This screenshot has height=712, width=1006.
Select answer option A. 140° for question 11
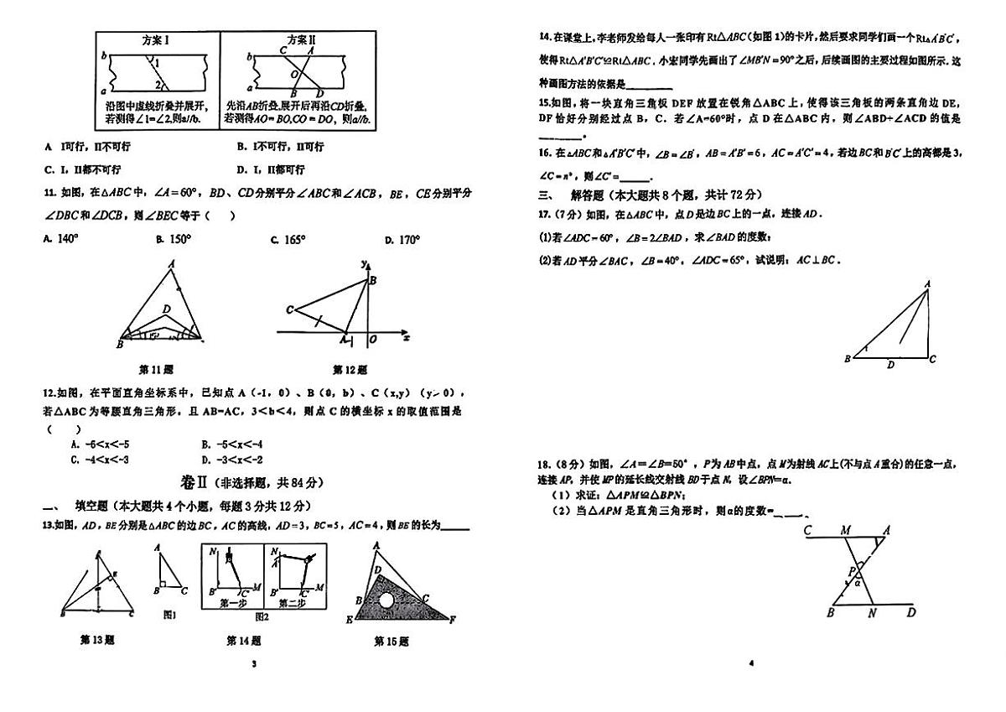point(60,239)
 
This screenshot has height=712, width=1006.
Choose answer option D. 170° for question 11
point(402,239)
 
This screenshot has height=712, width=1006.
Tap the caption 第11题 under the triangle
point(155,368)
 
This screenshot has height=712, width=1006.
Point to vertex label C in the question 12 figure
point(289,310)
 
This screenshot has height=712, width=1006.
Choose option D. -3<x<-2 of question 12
point(233,459)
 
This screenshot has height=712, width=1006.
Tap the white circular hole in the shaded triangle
point(386,600)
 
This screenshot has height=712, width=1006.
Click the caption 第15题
point(391,642)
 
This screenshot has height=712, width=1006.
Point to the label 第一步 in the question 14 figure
point(232,602)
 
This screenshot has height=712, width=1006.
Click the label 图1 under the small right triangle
point(169,615)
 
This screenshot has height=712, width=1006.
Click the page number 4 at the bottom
point(751,663)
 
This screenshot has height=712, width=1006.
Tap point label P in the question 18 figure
point(850,571)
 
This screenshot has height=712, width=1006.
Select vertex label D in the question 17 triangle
point(890,364)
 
